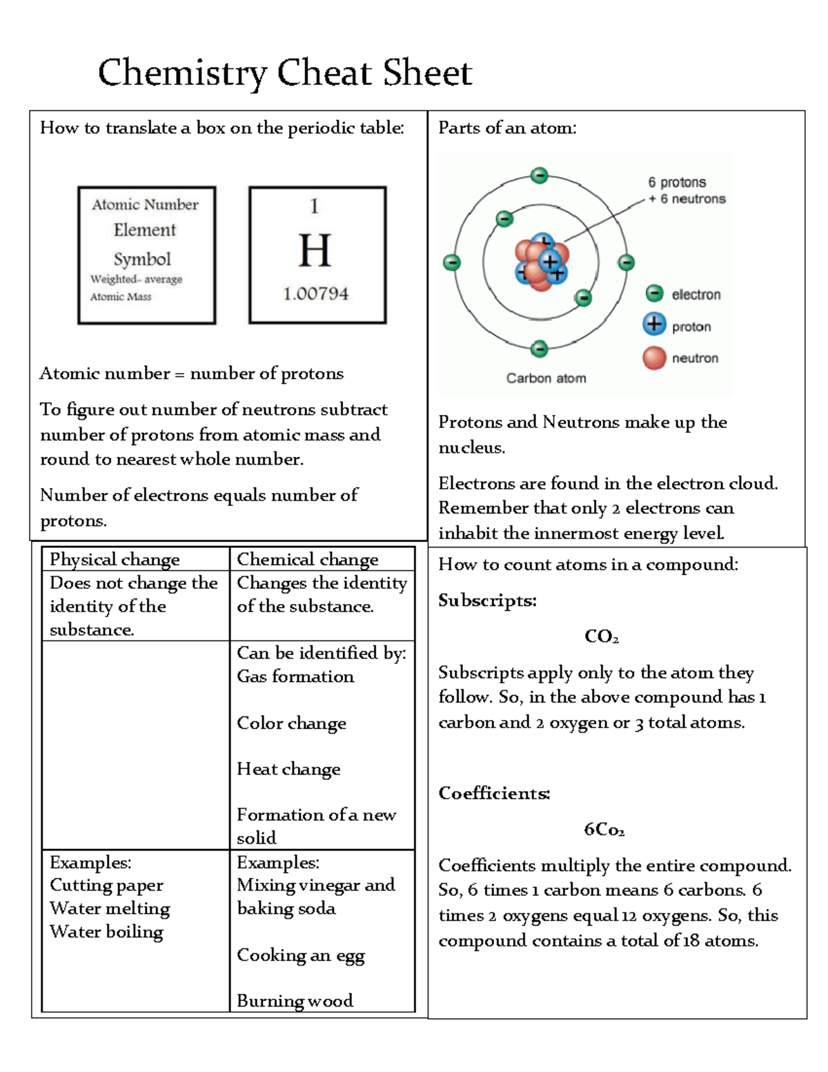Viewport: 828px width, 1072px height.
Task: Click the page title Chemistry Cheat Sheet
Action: tap(284, 73)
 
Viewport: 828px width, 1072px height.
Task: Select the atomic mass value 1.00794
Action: tap(315, 294)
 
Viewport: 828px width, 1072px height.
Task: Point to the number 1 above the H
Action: tap(315, 206)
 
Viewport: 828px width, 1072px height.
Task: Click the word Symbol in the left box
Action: tap(142, 259)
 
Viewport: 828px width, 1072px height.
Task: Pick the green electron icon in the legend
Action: tap(654, 294)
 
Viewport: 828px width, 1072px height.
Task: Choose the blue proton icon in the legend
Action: tap(654, 324)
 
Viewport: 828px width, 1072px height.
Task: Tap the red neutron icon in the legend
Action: tap(654, 358)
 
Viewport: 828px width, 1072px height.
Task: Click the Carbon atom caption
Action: tap(546, 378)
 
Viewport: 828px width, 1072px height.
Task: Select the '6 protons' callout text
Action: tap(676, 182)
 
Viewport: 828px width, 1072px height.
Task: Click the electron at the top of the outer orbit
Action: tap(540, 175)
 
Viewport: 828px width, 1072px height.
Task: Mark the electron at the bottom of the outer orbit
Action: tap(540, 349)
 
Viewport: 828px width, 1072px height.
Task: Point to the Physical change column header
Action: tap(115, 559)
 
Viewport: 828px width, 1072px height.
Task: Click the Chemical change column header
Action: tap(307, 559)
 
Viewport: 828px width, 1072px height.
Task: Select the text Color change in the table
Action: tap(291, 723)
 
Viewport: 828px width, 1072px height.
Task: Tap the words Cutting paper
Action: tap(106, 886)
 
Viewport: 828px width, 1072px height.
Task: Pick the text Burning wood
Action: tap(295, 1001)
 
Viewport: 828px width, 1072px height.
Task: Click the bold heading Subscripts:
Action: tap(487, 601)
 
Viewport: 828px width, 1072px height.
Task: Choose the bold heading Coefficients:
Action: tap(494, 793)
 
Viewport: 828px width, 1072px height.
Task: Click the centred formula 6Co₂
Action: tap(604, 829)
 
